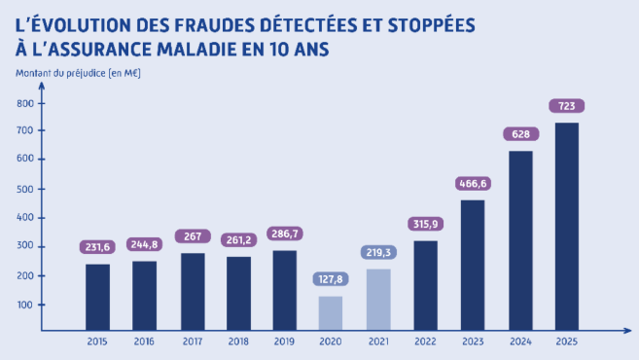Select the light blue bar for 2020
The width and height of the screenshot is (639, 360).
[330, 314]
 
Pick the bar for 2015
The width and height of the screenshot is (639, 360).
[97, 298]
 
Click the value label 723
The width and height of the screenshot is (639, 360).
[565, 105]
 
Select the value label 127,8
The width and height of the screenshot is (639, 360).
[330, 279]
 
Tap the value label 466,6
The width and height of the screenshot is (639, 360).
[472, 183]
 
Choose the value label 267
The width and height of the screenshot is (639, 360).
[192, 236]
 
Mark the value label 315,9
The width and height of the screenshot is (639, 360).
[424, 225]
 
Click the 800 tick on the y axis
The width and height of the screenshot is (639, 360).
[25, 103]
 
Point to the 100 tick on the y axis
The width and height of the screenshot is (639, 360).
[25, 305]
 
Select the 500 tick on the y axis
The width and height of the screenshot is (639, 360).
[25, 189]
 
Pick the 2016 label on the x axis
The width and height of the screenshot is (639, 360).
[144, 342]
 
